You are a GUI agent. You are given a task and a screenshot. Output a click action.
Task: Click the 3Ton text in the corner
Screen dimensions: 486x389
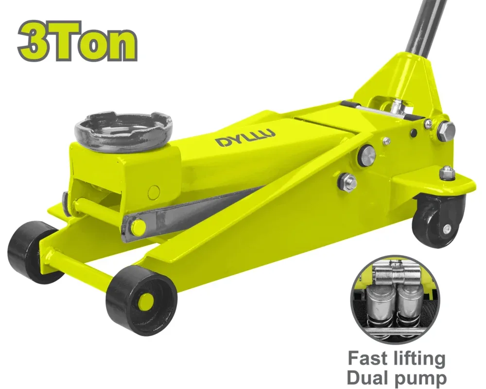point(78,41)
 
